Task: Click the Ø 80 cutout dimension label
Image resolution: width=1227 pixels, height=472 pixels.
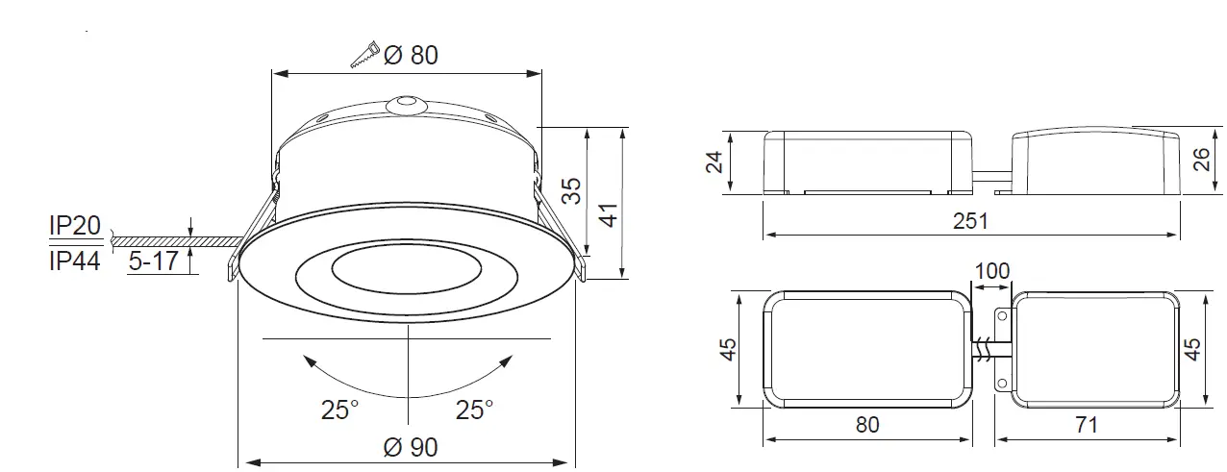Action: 411,56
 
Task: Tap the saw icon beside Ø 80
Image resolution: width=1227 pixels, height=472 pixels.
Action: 364,55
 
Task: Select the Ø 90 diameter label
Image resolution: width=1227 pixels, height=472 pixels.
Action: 411,447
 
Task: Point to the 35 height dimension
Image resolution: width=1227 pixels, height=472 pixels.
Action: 571,189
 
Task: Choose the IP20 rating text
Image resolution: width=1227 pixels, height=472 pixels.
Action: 74,226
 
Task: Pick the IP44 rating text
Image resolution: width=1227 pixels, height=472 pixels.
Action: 74,261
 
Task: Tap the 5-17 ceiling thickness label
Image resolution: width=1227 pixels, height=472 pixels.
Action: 154,261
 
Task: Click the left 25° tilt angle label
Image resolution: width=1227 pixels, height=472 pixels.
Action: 339,410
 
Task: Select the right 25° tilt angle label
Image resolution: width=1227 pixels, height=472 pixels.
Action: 474,410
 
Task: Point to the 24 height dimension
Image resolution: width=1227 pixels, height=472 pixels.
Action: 714,161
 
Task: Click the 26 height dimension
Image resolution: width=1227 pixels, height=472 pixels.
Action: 1202,160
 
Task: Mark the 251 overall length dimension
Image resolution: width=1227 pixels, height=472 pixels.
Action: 970,221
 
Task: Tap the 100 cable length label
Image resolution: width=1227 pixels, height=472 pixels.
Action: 992,271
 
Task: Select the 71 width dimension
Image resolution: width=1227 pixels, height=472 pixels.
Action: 1087,424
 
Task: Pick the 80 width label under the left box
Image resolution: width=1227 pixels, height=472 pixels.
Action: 867,424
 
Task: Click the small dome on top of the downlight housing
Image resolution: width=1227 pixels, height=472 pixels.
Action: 405,102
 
